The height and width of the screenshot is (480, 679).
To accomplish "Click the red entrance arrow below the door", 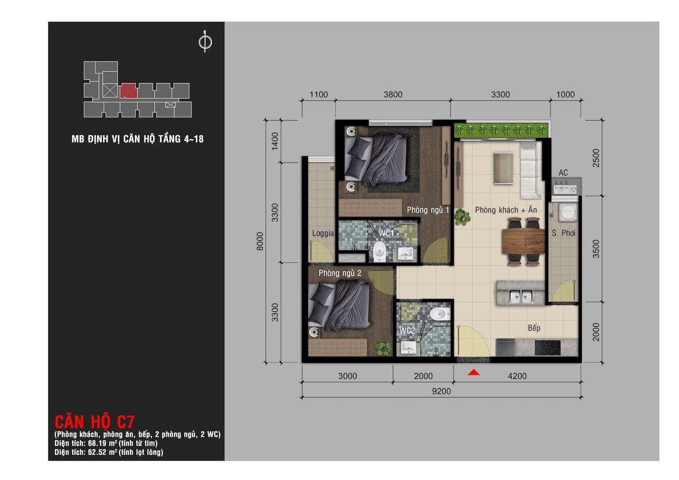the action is [474, 372].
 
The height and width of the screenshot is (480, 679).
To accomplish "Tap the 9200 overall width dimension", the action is [441, 391].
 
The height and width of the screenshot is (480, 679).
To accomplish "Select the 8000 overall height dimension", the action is [260, 241].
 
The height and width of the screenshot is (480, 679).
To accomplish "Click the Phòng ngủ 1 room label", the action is [428, 210].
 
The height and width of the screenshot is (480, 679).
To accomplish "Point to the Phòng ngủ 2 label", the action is [340, 273].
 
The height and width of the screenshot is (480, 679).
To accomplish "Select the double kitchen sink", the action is [521, 296].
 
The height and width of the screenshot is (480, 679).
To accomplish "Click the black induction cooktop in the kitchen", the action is [547, 347].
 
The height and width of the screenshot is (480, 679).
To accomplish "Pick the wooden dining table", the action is [523, 241].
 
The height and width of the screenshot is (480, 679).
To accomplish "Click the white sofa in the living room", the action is [531, 171].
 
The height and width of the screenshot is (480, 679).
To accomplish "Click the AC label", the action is [563, 173].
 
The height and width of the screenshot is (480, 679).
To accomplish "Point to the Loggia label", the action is [323, 233].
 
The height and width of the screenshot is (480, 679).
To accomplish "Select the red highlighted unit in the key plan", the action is [128, 91].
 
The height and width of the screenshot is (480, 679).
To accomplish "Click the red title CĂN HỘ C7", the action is [94, 422].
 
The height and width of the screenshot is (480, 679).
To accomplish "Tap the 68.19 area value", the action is [96, 443].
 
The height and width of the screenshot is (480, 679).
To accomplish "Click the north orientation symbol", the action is [205, 42].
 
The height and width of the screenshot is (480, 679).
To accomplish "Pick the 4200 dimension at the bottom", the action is [517, 376].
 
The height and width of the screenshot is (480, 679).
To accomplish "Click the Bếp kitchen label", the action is [534, 328].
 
